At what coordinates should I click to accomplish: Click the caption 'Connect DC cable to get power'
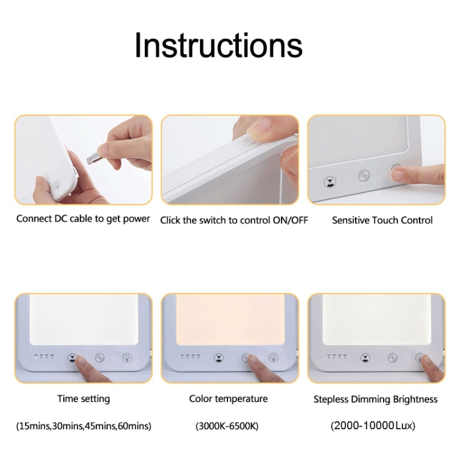coord(83,219)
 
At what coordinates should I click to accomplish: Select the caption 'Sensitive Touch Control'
coord(382,220)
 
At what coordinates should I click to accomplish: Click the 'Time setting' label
coord(83,399)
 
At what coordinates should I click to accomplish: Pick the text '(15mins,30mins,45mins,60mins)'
coord(83,426)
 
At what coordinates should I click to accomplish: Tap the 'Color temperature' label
coord(229,399)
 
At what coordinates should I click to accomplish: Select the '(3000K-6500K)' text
coord(227,426)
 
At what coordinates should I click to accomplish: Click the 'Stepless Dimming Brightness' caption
coord(375,399)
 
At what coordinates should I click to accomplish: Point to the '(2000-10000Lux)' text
coord(375,426)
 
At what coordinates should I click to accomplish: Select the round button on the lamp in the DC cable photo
coord(57,186)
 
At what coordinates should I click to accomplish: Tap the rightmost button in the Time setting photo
coord(127,358)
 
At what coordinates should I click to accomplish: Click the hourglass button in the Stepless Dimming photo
coord(365,358)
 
